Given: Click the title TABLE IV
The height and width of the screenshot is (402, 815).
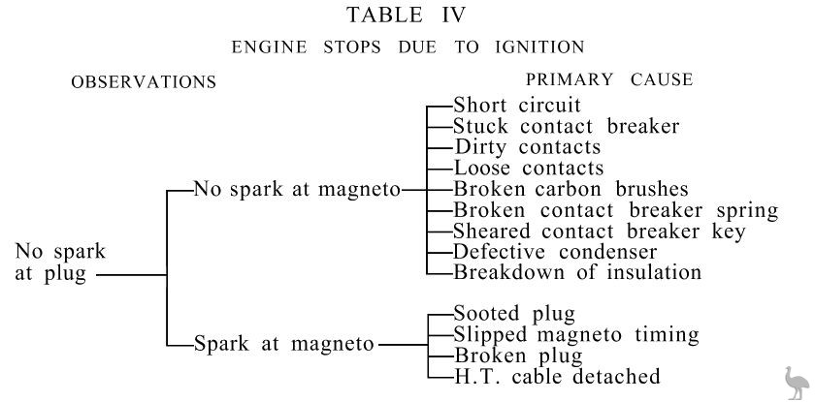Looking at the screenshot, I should [407, 15].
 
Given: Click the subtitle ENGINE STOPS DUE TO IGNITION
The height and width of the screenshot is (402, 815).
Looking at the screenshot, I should [407, 46].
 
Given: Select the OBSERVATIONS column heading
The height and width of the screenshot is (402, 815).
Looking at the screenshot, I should [144, 82].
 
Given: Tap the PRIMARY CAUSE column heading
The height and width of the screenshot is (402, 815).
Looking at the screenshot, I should [609, 80].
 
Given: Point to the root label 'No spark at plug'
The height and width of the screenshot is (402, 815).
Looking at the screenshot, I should [60, 263].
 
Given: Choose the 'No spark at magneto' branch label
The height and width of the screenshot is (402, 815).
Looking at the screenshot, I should [297, 189].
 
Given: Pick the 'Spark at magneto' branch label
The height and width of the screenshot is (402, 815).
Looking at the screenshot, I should [284, 343].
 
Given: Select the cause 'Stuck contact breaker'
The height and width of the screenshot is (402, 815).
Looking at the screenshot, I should [566, 126].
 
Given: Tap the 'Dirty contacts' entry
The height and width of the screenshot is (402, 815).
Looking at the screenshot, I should [528, 147].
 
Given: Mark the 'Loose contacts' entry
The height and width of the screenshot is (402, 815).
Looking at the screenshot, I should [529, 168].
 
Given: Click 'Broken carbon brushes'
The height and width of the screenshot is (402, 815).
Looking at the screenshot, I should [570, 189].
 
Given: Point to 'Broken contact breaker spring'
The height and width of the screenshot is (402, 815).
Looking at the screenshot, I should [615, 210].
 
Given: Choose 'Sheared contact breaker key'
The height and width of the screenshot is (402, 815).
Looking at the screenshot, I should [599, 231].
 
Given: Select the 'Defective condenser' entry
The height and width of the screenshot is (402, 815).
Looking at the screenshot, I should [555, 252].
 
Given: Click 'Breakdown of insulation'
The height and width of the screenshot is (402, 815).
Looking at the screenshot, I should [576, 272].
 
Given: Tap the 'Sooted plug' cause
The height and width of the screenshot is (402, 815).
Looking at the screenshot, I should [514, 314].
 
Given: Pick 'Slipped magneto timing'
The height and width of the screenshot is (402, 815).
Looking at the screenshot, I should [575, 335].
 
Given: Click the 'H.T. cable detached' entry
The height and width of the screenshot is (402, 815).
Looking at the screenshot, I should [556, 376].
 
